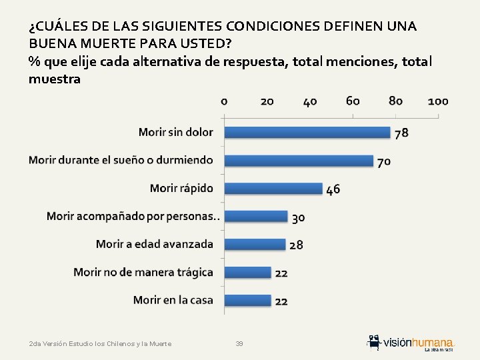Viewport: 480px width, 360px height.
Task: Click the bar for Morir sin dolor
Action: point(307,133)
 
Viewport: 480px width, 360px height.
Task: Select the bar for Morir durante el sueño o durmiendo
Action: point(299,161)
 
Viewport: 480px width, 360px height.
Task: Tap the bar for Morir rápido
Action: point(273,189)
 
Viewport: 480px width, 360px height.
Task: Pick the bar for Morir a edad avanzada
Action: point(255,245)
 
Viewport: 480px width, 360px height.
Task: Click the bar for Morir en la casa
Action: point(248,300)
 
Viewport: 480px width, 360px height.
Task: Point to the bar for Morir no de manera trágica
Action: point(248,272)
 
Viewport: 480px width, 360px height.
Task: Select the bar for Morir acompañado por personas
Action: point(256,217)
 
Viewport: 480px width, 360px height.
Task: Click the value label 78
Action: point(401,133)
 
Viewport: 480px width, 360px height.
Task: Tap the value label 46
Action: point(333,189)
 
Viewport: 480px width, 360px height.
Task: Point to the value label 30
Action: point(298,217)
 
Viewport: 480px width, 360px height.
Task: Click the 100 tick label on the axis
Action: point(437,101)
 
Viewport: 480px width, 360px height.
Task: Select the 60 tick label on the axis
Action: point(353,101)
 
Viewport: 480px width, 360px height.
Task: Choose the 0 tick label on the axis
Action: point(224,101)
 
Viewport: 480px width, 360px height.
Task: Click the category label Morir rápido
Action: point(181,188)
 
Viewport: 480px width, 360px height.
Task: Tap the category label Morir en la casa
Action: point(173,300)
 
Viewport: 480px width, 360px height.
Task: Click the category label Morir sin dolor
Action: point(176,132)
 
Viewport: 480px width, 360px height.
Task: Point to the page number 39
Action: point(239,343)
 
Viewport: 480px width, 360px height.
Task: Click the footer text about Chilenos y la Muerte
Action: point(100,343)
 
